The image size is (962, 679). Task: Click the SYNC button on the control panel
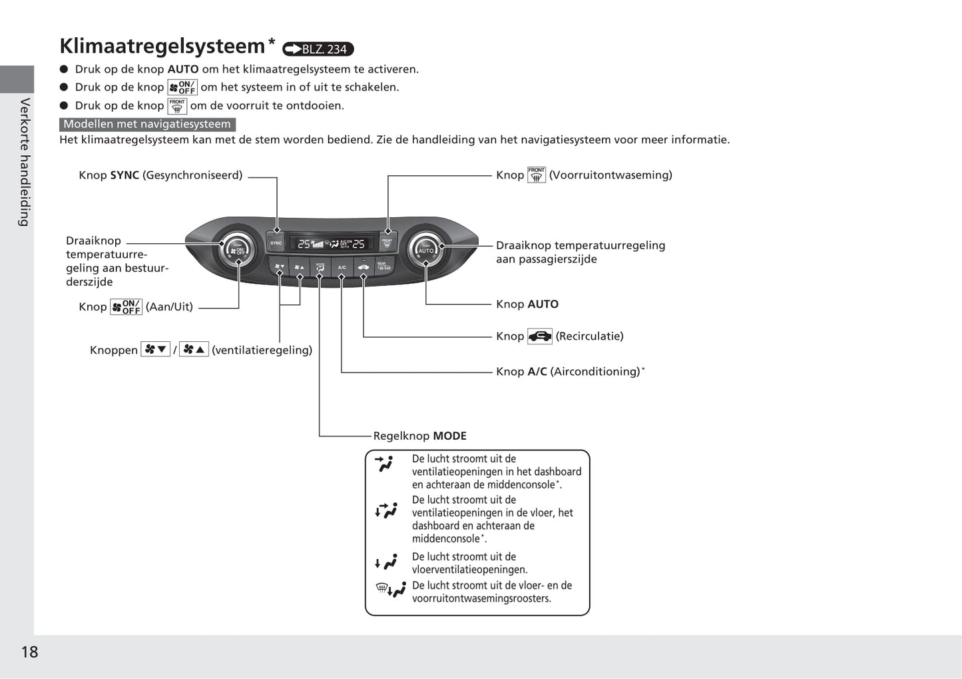coord(276,243)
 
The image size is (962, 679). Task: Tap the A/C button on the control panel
coord(342,267)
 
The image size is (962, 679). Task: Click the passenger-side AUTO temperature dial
coord(425,250)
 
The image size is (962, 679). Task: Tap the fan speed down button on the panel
coord(280,267)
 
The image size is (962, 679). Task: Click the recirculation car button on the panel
coord(363,267)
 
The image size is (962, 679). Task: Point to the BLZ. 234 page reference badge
coord(318,49)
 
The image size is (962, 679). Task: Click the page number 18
coord(29,652)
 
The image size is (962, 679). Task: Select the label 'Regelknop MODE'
coord(419,436)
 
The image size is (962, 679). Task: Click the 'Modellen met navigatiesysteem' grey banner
coord(147,124)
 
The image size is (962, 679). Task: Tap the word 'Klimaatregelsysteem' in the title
coord(162,46)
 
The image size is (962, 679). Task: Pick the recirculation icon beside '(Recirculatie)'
coord(539,337)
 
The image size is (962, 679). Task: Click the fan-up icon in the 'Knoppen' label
coord(194,350)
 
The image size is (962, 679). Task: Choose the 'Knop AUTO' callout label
coord(527,304)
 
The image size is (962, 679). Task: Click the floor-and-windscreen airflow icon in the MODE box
coord(391,590)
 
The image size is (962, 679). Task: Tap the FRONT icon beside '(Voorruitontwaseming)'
coord(536,175)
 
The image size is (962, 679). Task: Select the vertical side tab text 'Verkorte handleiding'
coord(25,162)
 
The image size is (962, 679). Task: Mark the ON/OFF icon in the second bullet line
coord(182,87)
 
